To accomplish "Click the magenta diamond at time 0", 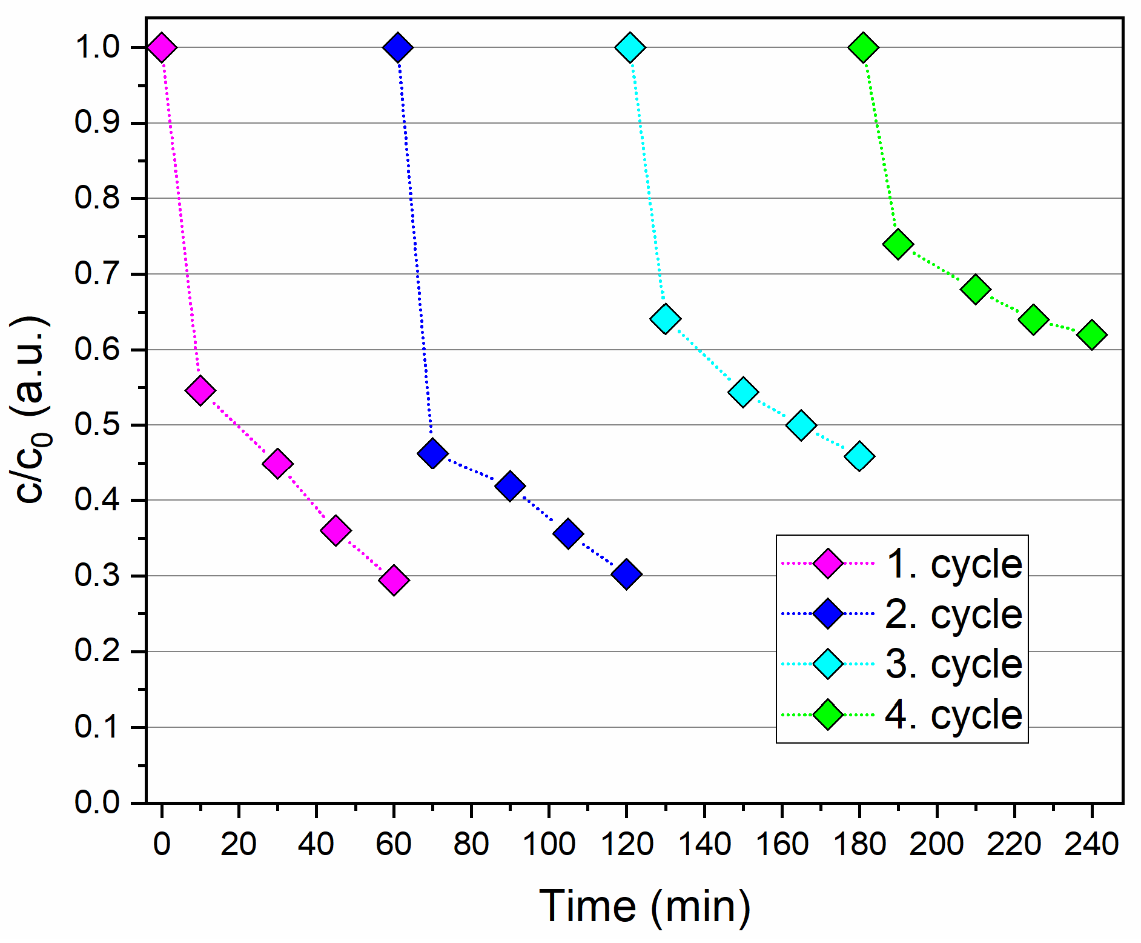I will (x=161, y=47).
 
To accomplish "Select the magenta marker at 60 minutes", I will (x=394, y=580).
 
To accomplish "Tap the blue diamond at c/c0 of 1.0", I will (x=397, y=47).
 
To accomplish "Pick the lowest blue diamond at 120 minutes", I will (x=626, y=573).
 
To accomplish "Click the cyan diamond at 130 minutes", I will (x=665, y=319).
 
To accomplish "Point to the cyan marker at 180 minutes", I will (x=859, y=456).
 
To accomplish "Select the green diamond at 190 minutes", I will (x=898, y=244).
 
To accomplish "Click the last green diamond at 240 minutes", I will (x=1092, y=335).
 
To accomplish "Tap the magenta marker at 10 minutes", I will (x=200, y=390).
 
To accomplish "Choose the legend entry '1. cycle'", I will (x=953, y=564).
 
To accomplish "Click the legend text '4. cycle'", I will (x=953, y=715).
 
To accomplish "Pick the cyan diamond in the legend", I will (x=828, y=664).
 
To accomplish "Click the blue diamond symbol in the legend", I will (x=828, y=614).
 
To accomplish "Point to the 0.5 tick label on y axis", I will (x=97, y=425).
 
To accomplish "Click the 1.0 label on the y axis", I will (x=97, y=47).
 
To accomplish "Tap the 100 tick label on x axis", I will (x=548, y=844).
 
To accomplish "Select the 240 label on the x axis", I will (x=1091, y=844).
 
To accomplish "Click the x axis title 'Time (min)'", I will (x=644, y=907).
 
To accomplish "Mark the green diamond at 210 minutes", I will (x=976, y=289).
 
